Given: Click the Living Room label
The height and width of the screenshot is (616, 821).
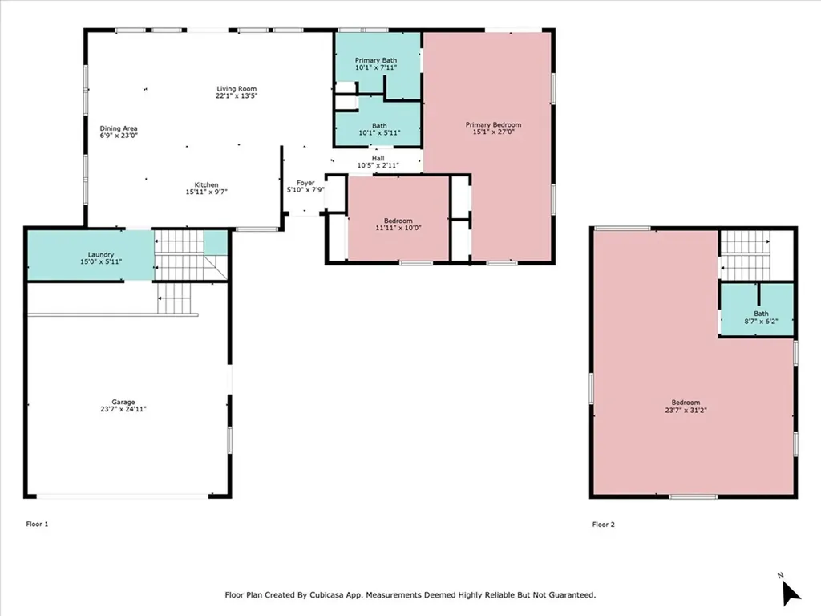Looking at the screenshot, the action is [237, 89].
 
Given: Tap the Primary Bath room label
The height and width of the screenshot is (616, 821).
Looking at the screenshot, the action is [376, 60].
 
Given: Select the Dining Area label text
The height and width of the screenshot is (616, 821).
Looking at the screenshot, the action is [119, 128].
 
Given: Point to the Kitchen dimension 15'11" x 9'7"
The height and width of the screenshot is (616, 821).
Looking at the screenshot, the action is [206, 192].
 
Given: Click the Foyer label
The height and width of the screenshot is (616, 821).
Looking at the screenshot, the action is [305, 183].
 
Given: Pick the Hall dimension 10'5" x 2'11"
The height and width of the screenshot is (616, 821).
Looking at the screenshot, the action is [378, 165].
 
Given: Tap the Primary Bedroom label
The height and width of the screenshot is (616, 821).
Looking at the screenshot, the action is [493, 124].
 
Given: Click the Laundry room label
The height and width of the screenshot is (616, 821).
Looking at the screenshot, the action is [100, 254].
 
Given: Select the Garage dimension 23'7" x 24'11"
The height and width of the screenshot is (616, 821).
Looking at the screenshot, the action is [123, 409].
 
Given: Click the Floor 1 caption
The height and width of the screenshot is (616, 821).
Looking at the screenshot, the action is [37, 524].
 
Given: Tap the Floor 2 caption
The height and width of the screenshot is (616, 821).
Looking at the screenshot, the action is [604, 525].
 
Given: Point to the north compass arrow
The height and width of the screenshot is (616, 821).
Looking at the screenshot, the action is [791, 594].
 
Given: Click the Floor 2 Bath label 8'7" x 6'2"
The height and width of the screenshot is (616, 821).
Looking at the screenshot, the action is [762, 318].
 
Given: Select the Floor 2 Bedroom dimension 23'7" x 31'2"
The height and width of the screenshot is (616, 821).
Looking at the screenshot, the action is [686, 410].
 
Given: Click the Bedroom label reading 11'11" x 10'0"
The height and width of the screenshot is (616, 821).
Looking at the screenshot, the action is [398, 225].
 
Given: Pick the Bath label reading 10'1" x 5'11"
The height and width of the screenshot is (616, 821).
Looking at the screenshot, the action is [379, 129].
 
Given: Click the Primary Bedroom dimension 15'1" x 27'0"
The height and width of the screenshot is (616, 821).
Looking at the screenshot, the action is [494, 132].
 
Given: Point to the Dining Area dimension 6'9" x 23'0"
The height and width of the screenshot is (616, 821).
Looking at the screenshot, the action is [119, 135].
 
